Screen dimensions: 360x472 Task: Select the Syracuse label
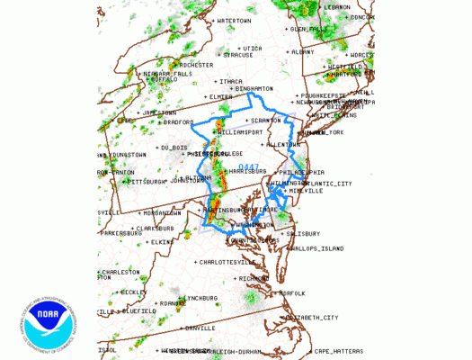[x=237, y=55]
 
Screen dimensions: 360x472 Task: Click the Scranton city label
[x=263, y=121]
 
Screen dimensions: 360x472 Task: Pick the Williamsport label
[x=240, y=131]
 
